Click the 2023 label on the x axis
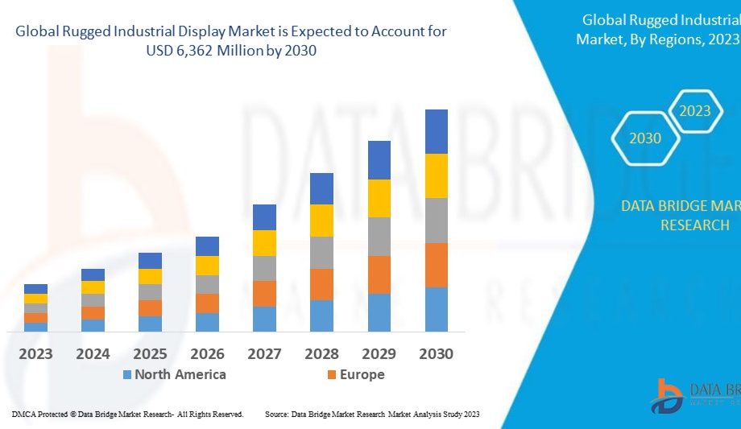(x=35, y=354)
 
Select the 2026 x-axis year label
(x=207, y=354)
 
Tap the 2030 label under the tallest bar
(x=436, y=354)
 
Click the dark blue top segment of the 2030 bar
(x=436, y=131)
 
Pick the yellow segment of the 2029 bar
(x=379, y=198)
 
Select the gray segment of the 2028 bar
(x=321, y=252)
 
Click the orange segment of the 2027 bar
(x=264, y=293)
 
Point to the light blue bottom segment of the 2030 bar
(x=436, y=309)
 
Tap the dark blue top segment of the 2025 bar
(x=150, y=260)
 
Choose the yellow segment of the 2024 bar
(x=93, y=287)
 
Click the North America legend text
(x=180, y=374)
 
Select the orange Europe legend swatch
(x=330, y=375)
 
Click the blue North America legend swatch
(x=126, y=375)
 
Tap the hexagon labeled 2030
(x=645, y=138)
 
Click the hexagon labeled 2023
(x=694, y=110)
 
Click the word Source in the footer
(x=277, y=414)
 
